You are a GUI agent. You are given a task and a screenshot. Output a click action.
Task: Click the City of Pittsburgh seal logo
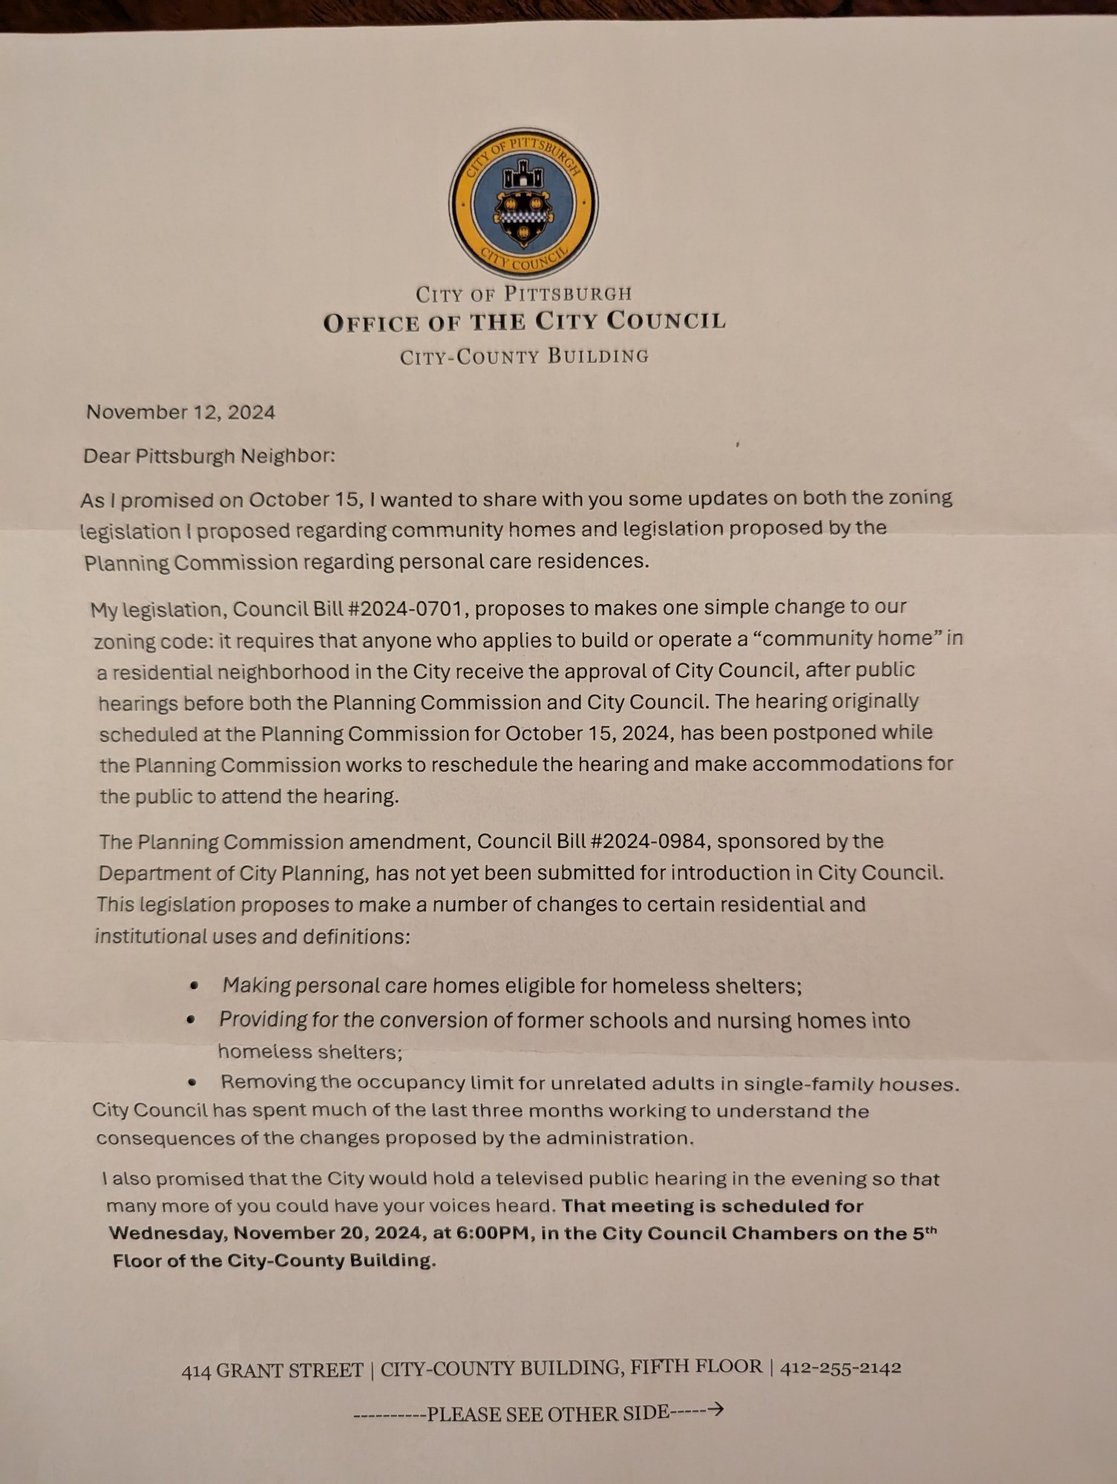[523, 203]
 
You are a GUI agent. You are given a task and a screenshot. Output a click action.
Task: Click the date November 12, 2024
[180, 413]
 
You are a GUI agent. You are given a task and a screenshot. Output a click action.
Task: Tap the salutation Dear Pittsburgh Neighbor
[209, 456]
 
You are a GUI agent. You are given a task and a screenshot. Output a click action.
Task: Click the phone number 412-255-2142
[840, 1367]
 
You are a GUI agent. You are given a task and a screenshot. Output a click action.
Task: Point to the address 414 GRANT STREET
[272, 1370]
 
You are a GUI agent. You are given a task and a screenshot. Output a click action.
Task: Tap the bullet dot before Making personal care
[194, 985]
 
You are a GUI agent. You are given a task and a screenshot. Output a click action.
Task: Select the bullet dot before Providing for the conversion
[191, 1020]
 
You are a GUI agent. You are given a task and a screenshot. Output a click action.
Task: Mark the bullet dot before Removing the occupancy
[192, 1083]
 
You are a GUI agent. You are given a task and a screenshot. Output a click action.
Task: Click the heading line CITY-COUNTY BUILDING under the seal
[524, 357]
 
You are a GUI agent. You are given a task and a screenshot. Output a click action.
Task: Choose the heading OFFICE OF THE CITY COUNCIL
[524, 322]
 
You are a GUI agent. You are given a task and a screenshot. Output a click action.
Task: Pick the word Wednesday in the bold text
[168, 1233]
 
